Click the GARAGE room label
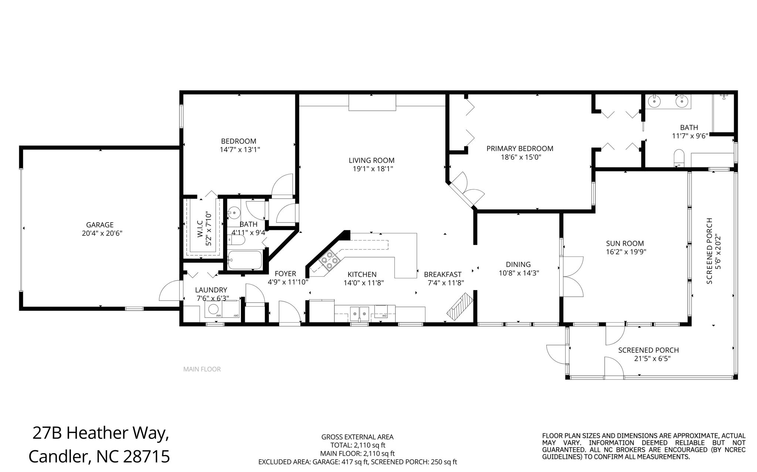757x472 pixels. [x=100, y=225]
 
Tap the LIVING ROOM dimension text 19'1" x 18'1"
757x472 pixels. [x=372, y=169]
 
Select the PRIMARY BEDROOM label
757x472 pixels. [x=520, y=149]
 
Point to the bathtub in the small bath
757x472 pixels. [x=245, y=260]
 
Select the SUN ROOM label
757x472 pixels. [x=625, y=244]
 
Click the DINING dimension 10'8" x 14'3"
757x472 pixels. [x=519, y=273]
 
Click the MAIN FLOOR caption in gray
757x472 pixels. [x=202, y=369]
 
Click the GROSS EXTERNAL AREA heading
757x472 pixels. [x=357, y=437]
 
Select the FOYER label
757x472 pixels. [x=285, y=273]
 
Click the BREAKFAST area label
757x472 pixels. [x=443, y=275]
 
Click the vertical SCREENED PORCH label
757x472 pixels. [x=709, y=251]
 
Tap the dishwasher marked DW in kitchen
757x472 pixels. [x=381, y=311]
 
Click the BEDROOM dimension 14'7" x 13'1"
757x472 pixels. [x=238, y=150]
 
